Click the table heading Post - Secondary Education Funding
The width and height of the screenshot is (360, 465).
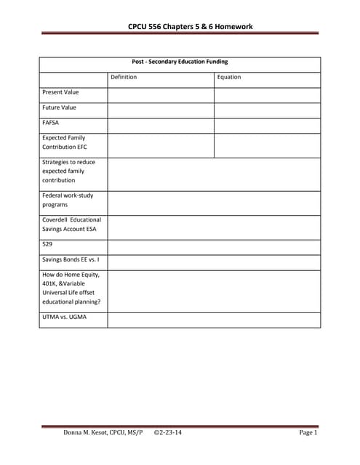click(180, 62)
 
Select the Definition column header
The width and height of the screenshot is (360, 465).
click(124, 77)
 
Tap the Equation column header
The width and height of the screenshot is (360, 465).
click(229, 77)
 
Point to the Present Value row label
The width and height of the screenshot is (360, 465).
click(61, 92)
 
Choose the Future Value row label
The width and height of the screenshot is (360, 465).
click(60, 108)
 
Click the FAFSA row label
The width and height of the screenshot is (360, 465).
click(51, 123)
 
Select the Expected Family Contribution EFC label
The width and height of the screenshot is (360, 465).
click(64, 142)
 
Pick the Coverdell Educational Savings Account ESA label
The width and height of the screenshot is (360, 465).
click(71, 224)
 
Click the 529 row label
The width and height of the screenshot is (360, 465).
click(47, 245)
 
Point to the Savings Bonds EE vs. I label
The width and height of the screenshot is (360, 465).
click(71, 259)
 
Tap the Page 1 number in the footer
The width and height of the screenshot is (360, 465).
click(308, 433)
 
